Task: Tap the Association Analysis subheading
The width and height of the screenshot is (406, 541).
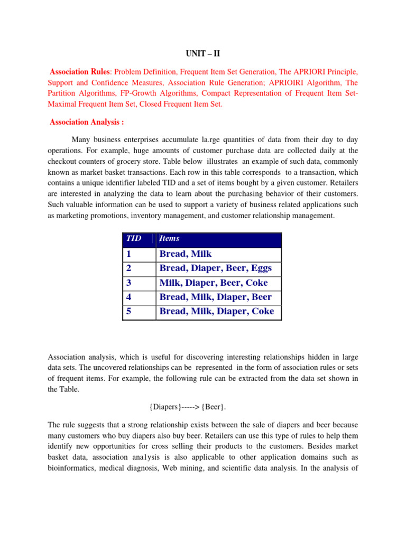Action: point(87,122)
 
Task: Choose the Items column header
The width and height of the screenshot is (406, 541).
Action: point(170,239)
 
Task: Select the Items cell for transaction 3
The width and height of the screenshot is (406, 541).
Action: point(214,283)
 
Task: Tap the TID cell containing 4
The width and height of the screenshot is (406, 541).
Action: point(128,297)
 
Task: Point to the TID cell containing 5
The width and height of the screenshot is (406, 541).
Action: point(128,311)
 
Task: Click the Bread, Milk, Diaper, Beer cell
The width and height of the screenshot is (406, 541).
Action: point(216,297)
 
